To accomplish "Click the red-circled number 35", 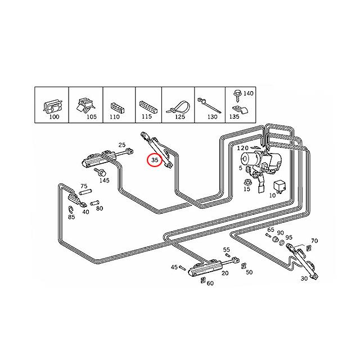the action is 155,160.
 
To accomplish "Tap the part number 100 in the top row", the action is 54,116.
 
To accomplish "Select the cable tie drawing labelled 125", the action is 178,107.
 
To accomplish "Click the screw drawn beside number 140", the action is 237,95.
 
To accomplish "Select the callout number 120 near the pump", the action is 242,148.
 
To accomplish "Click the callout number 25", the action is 122,145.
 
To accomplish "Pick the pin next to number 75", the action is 85,191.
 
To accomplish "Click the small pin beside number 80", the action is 94,203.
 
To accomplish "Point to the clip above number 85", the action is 71,209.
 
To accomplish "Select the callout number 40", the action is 85,212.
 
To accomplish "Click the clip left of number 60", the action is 202,280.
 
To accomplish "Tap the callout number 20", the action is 225,273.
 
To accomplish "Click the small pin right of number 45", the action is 182,268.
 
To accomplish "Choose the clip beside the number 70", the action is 309,248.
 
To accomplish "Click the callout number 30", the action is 304,278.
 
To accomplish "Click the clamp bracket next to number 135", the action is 240,110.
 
